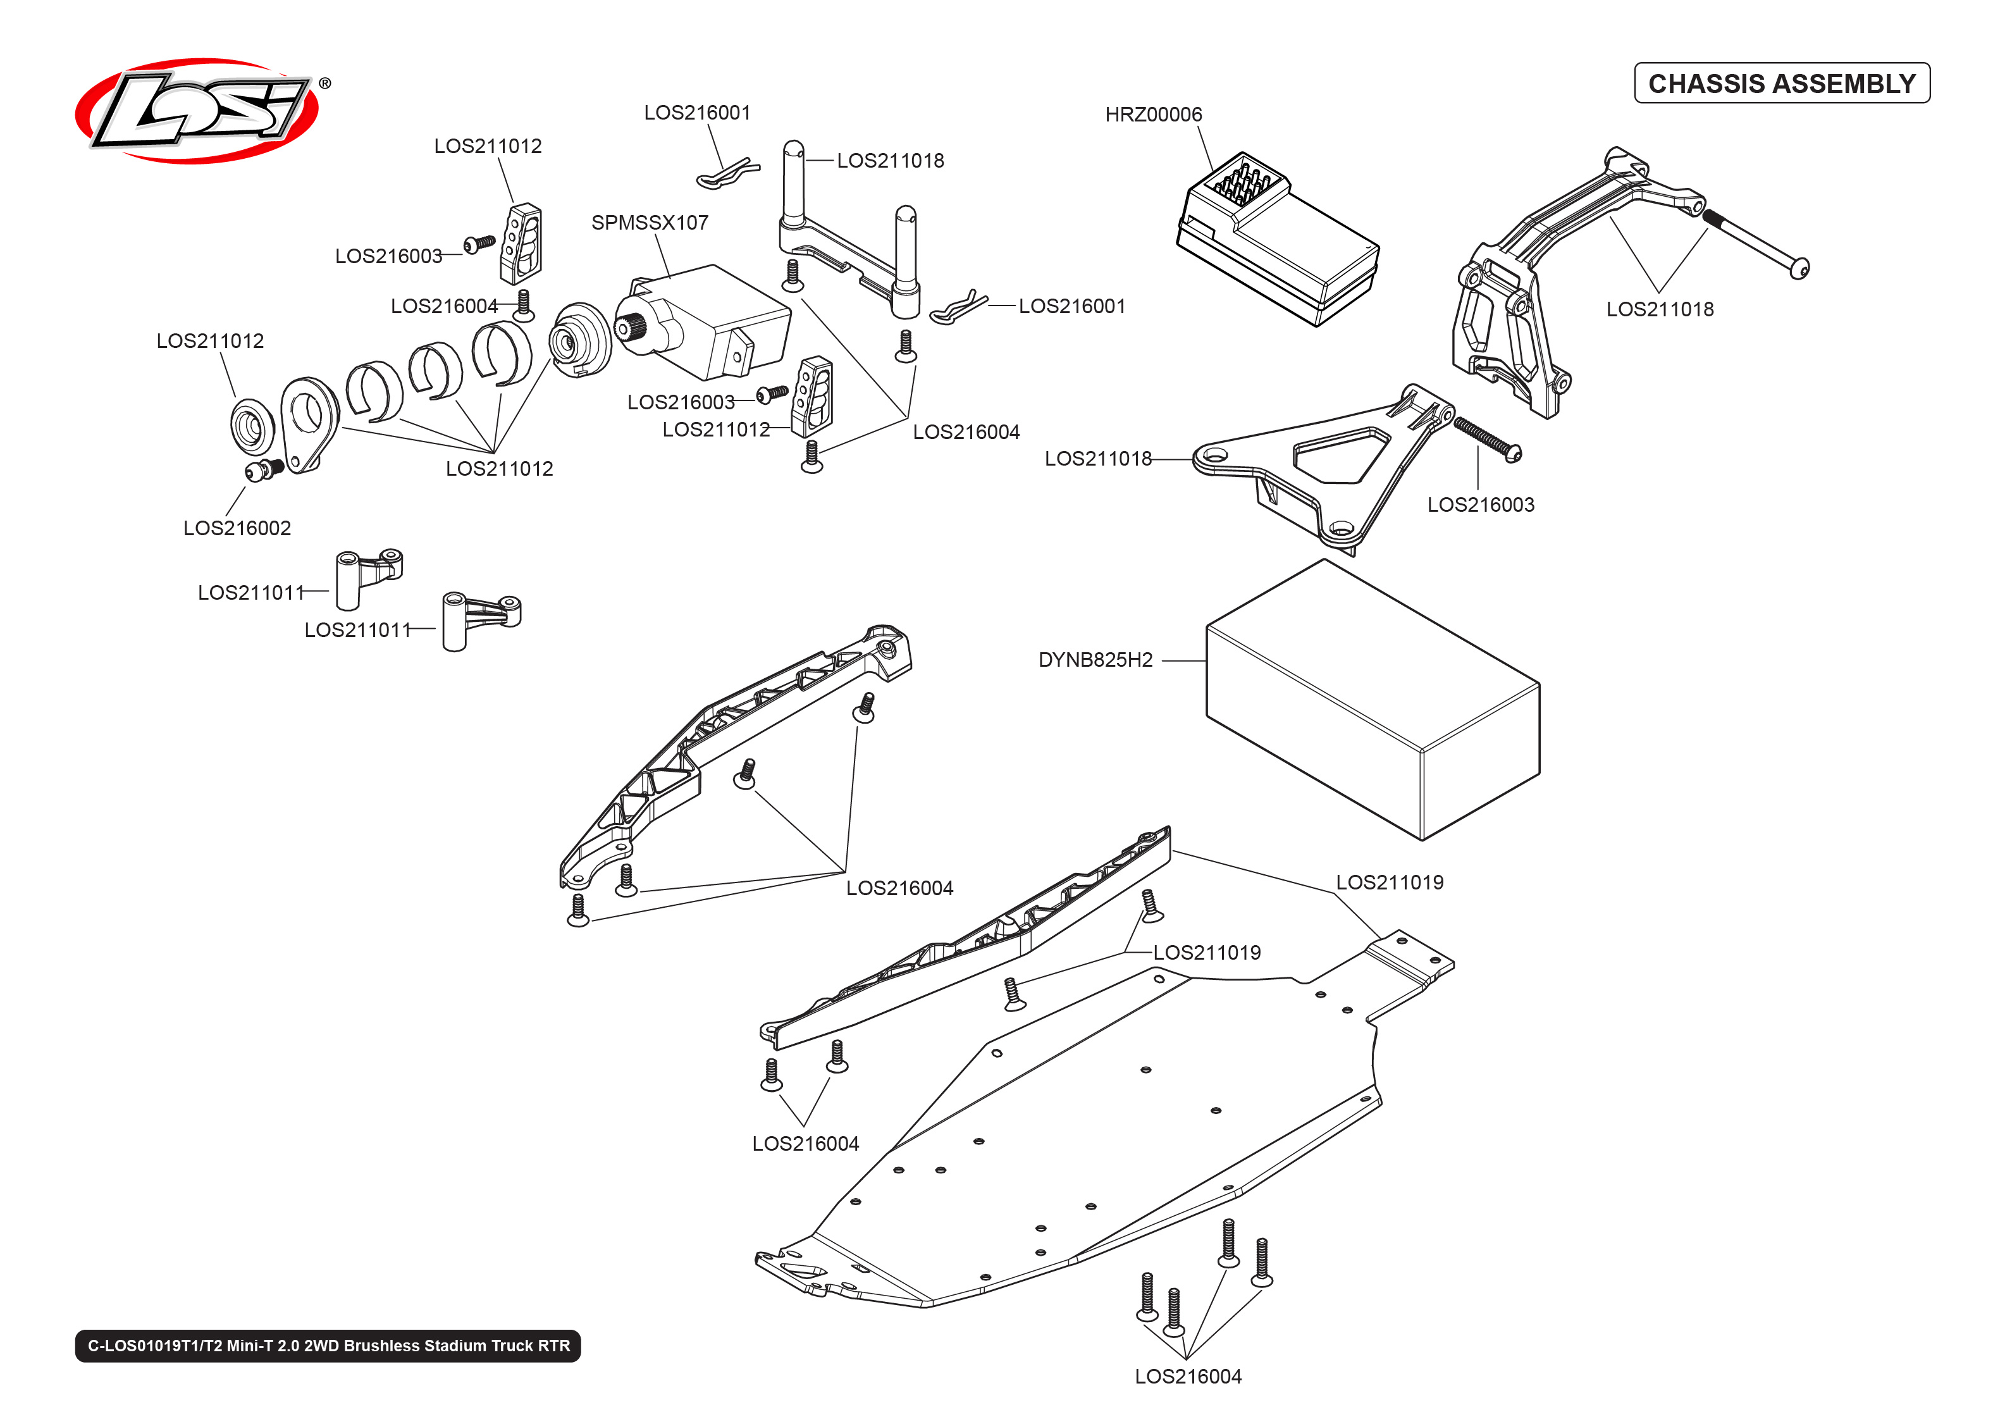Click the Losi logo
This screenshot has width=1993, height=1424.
197,111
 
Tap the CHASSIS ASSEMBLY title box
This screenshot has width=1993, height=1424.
1781,84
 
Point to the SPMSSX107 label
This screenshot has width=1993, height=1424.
650,223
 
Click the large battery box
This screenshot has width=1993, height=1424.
1372,702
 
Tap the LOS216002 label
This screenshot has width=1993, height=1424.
237,528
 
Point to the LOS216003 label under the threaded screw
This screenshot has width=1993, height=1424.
1480,504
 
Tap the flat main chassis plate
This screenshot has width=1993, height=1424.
1095,1158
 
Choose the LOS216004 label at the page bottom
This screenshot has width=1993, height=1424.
1188,1376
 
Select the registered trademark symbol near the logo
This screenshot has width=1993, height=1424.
325,84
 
